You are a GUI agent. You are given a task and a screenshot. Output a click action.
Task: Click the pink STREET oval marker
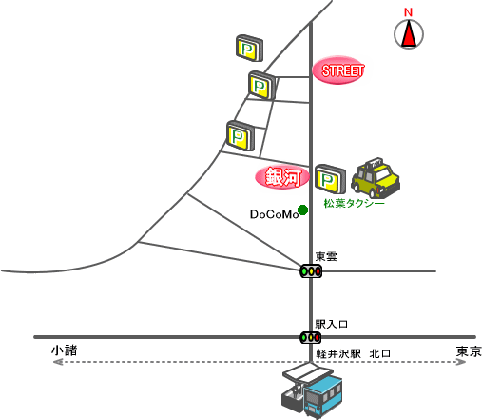coord(338,70)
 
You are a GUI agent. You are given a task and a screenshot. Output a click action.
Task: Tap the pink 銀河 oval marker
coord(282,177)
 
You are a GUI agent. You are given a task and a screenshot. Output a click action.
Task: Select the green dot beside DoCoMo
coord(303,210)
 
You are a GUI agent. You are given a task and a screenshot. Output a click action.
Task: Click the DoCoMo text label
coord(274,214)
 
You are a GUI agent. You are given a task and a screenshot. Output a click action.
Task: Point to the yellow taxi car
coord(376,177)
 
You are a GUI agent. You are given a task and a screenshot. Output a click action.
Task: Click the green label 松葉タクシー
coord(354,203)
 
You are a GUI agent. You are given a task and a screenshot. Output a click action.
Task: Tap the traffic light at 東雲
coord(311,271)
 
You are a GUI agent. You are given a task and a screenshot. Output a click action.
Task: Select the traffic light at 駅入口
coord(311,337)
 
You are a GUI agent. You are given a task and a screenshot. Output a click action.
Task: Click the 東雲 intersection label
coord(326,256)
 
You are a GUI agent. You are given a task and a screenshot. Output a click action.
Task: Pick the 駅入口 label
coord(332,324)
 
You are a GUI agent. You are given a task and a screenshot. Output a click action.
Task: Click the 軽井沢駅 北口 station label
coord(353,353)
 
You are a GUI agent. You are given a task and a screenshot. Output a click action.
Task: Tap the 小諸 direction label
coord(65,350)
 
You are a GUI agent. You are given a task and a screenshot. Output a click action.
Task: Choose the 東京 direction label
coord(469,351)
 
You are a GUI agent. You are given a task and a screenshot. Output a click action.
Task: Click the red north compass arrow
coord(409,33)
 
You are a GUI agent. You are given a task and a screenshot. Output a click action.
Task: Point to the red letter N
coord(408,12)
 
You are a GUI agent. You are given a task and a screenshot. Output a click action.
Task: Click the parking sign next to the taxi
coord(330,179)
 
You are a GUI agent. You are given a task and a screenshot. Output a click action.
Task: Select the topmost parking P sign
coord(249,49)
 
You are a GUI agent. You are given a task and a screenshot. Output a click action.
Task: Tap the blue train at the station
coord(322,395)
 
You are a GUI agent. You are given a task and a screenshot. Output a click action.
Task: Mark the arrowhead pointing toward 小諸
coord(58,362)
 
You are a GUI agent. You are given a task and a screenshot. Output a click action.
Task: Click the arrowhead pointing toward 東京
coord(461,362)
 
